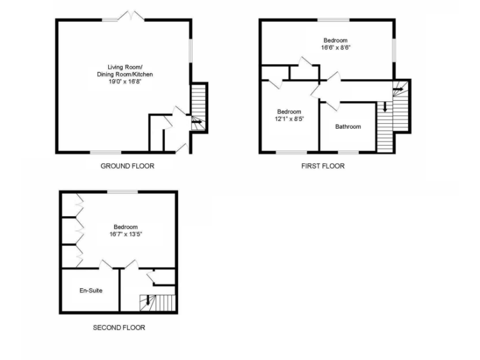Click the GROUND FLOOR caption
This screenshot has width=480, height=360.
(127, 166)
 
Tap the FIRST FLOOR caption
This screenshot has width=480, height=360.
(322, 166)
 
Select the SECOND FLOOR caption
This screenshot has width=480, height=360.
(119, 327)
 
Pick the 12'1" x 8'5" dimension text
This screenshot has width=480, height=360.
(289, 119)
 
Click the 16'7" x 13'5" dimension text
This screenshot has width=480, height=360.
(126, 234)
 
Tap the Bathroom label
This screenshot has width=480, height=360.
(347, 127)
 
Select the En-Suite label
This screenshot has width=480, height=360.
(91, 291)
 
